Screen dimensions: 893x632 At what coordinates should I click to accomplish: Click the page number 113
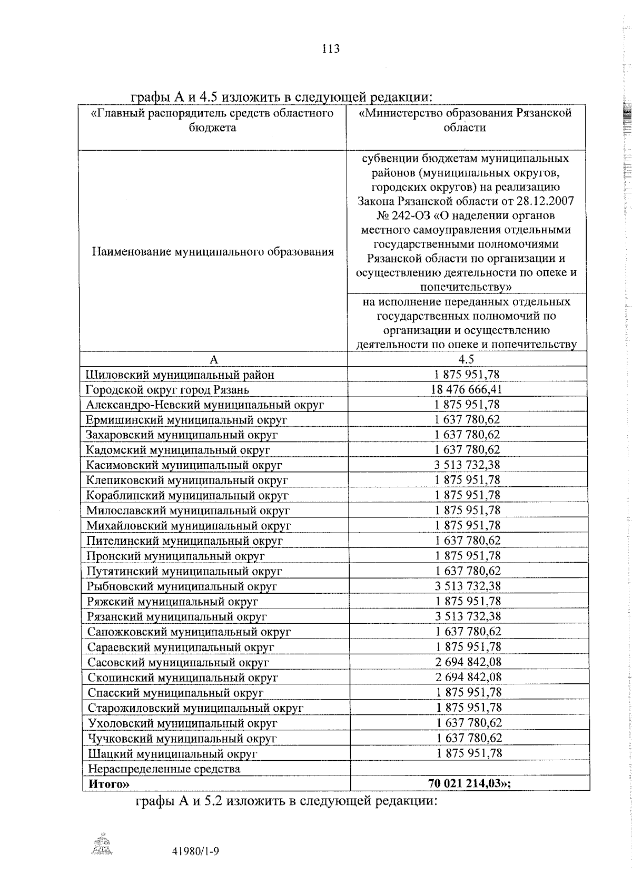330,49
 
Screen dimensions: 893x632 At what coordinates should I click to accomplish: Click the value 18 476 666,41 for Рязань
466,389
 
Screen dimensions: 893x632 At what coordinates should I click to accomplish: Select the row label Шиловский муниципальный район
180,375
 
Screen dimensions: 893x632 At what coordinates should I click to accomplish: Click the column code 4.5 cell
466,359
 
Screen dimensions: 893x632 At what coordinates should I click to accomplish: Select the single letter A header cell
213,359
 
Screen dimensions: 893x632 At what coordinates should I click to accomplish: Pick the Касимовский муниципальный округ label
184,465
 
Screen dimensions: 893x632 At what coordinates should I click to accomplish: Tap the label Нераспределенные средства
164,769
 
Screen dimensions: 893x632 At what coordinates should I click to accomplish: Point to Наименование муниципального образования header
213,252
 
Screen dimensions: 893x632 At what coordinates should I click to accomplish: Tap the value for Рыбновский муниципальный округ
467,586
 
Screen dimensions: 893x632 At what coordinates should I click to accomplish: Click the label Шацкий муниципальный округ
172,753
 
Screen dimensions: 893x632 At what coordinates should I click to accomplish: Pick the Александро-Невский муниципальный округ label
204,405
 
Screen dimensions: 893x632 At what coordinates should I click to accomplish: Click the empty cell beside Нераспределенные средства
469,768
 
